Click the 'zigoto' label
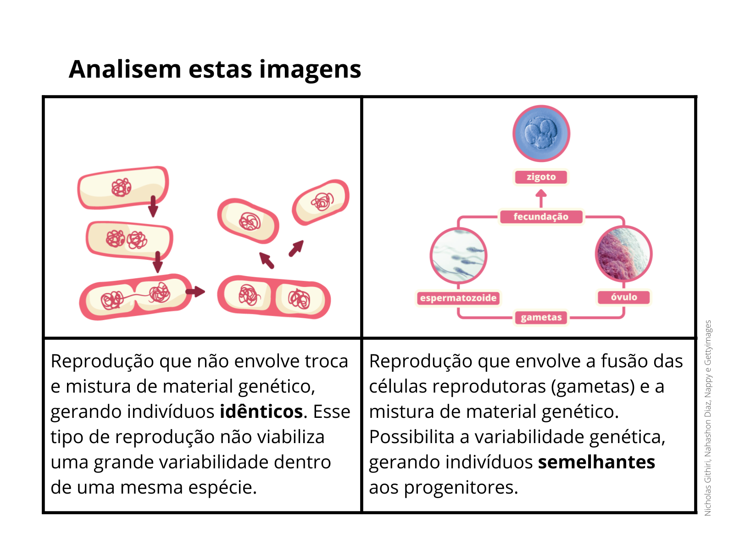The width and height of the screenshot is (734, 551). point(540,177)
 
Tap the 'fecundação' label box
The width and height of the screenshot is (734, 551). point(540,216)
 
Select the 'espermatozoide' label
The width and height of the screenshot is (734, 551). point(458,298)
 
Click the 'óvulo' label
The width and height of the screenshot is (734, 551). point(623,297)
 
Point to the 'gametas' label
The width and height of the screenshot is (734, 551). point(541,317)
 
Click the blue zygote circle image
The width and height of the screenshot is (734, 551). point(541,134)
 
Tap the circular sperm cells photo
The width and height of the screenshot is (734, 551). point(458,256)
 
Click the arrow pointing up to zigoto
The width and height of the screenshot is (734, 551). point(541,198)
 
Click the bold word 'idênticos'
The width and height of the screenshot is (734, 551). point(261,411)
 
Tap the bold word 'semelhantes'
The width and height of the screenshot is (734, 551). point(596,462)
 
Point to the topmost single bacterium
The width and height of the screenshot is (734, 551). point(123,187)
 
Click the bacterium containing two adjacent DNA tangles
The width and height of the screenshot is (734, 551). point(129,240)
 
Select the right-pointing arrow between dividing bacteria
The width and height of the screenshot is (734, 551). point(195,291)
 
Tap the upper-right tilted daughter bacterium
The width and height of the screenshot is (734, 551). point(321,202)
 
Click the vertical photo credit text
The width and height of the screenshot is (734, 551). point(707,418)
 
